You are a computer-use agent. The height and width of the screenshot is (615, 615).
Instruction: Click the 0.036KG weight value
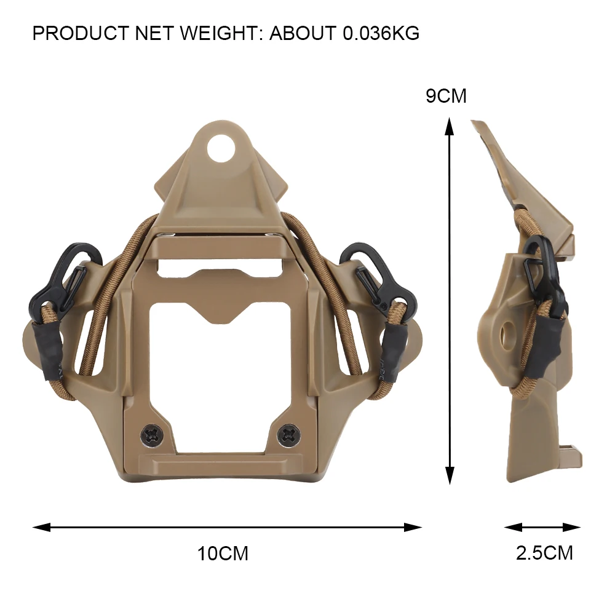point(381,33)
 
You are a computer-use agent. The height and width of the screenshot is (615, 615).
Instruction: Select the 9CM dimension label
point(446,97)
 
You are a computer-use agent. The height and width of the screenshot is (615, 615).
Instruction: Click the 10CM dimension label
point(223,553)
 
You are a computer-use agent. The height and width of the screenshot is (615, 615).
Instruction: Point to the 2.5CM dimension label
point(544,552)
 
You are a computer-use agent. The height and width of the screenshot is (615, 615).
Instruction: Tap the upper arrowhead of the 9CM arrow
point(450,126)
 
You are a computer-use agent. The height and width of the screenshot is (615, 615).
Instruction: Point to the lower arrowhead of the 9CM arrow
point(450,475)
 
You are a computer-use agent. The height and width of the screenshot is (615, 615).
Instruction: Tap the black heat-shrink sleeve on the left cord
point(44,344)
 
